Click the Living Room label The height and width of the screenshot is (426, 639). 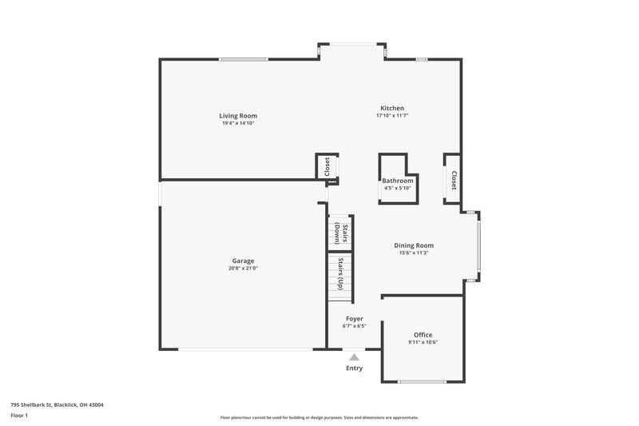point(239,116)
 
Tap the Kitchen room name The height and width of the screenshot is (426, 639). point(391,108)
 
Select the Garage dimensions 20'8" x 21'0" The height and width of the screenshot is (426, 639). point(243,269)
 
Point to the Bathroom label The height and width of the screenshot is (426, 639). point(397,181)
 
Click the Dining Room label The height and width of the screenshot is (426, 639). point(413,245)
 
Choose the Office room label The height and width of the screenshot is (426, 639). point(423,335)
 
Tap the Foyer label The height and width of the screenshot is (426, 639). point(354,319)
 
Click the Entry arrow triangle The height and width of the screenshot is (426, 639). point(354,357)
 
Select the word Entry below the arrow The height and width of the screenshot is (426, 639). point(354,368)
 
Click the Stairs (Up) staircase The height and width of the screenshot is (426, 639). point(340,276)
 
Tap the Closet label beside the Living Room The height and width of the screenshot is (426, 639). point(327,166)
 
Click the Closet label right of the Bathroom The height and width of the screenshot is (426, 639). point(453,181)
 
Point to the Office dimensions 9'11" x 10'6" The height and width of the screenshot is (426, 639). point(423,342)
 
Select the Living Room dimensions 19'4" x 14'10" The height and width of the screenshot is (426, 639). point(239,123)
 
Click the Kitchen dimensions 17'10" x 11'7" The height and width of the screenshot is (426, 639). point(392,115)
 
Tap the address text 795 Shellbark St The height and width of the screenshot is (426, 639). point(57,404)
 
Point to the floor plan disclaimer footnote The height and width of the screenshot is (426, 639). point(319,417)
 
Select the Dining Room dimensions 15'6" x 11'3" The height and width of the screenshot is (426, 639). point(413,253)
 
